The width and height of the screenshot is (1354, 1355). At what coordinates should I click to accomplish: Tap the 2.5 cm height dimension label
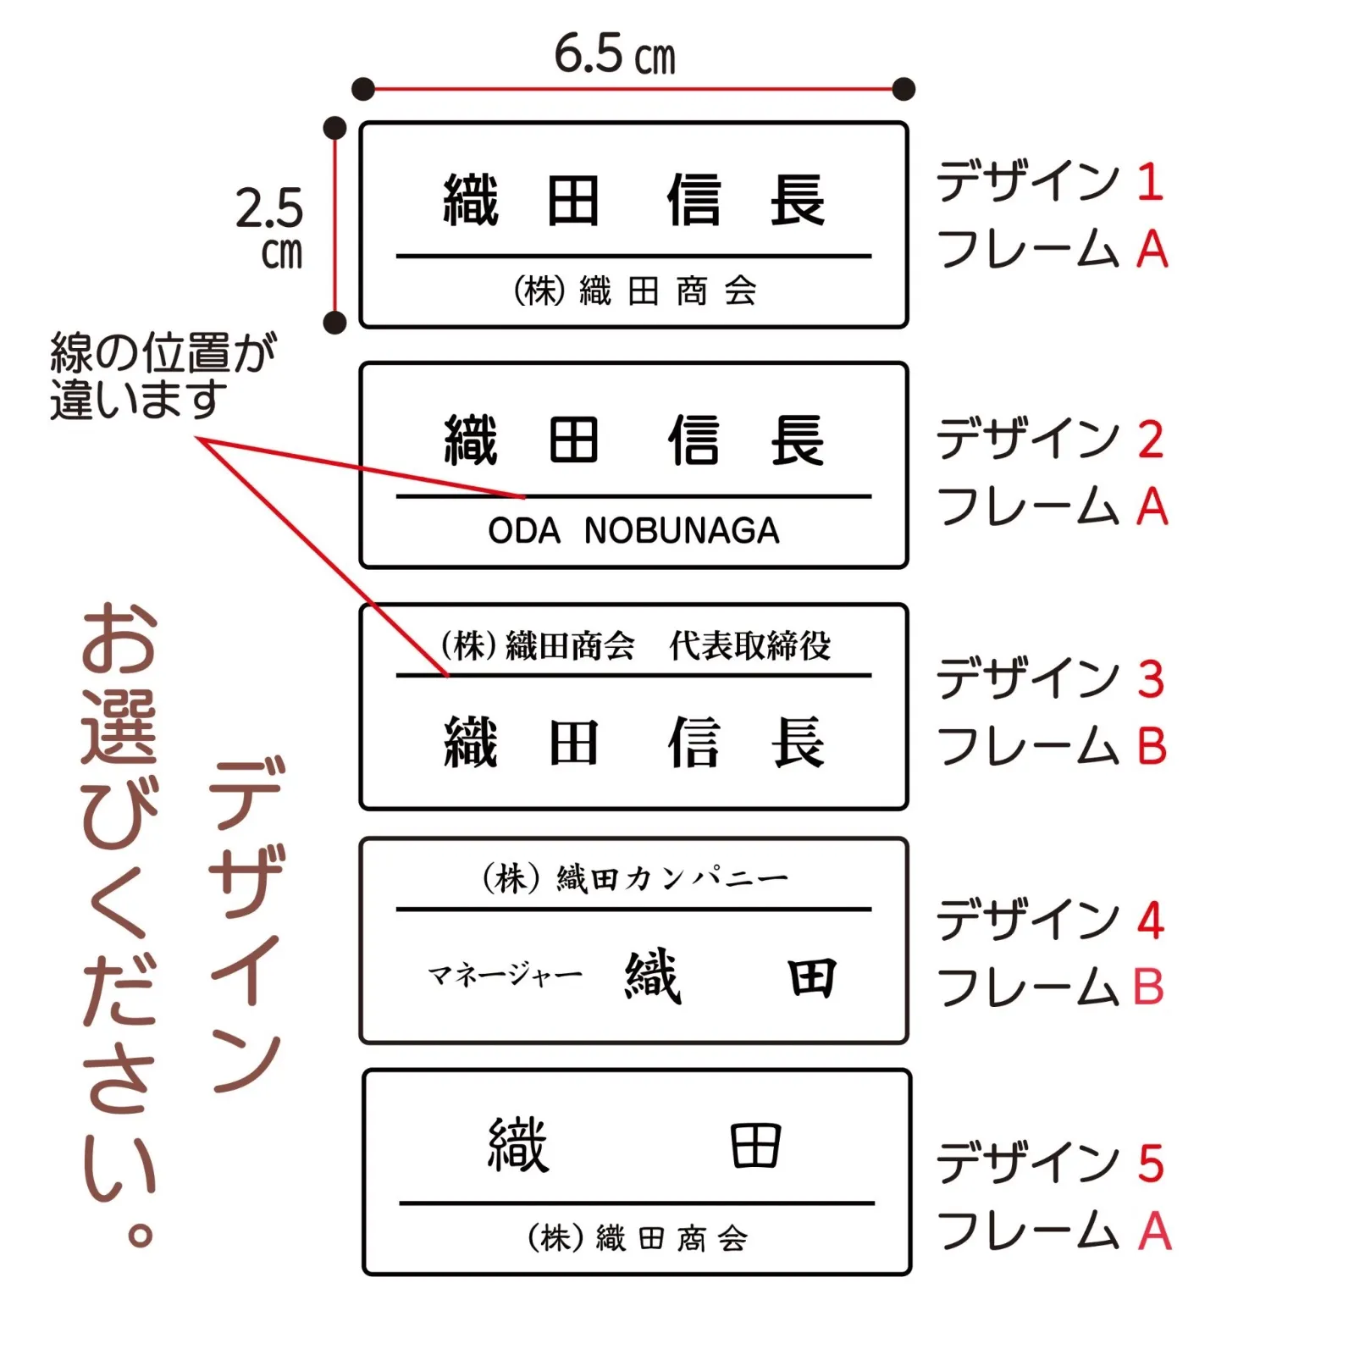click(x=270, y=227)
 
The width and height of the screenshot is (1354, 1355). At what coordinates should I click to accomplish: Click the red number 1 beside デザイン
click(x=1149, y=182)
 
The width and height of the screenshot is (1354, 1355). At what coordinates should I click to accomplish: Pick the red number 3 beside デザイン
click(x=1150, y=679)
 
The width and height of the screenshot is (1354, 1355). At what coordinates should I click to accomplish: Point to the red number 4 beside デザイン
click(x=1150, y=921)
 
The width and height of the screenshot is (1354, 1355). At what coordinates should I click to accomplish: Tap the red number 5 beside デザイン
click(x=1150, y=1164)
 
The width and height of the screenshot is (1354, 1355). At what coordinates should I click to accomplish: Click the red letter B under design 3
click(x=1152, y=746)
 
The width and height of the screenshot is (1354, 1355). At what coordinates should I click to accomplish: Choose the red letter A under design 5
click(x=1154, y=1231)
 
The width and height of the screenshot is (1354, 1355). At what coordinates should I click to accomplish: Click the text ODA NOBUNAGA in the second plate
click(x=633, y=531)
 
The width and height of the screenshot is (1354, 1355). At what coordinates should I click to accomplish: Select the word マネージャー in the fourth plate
click(x=505, y=976)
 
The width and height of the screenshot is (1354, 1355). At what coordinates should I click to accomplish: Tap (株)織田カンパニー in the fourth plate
click(x=634, y=878)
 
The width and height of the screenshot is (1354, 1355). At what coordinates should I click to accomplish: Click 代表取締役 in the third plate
click(x=749, y=646)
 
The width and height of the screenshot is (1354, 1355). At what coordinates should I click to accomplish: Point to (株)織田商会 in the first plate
click(x=634, y=291)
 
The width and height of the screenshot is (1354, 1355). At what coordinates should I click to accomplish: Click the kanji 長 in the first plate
click(x=797, y=201)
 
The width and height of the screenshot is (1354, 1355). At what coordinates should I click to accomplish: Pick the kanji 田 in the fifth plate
click(x=754, y=1146)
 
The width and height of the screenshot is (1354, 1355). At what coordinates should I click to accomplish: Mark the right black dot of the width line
click(x=904, y=88)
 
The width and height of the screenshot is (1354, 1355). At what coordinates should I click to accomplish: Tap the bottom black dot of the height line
click(x=335, y=322)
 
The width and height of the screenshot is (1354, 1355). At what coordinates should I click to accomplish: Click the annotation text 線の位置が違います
click(x=162, y=375)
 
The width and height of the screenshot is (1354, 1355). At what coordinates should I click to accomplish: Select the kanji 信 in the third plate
click(x=694, y=743)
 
